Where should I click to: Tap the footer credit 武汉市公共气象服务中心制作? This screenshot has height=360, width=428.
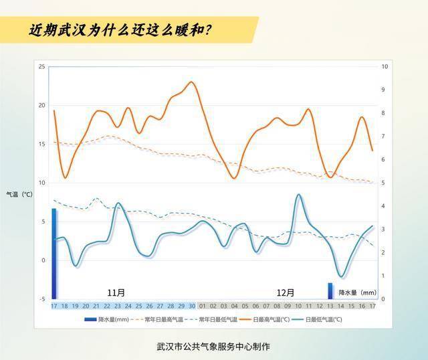tap(213, 347)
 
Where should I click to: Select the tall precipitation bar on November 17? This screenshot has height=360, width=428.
tap(54, 254)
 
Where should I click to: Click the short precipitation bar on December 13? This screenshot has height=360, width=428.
tap(330, 291)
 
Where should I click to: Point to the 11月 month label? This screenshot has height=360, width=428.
tap(116, 292)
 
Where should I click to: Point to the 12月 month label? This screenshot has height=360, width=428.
tap(286, 292)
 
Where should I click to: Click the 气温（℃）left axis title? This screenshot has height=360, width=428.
tap(19, 194)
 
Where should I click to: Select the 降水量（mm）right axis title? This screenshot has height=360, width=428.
tap(357, 292)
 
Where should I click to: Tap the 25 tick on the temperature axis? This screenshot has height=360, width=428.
tap(41, 67)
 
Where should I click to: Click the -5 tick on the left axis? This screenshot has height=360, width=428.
tap(41, 299)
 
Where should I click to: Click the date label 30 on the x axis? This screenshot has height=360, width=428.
tap(192, 306)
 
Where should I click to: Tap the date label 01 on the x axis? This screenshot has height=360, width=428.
tap(203, 306)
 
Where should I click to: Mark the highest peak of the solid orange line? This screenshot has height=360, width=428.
tap(192, 82)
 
